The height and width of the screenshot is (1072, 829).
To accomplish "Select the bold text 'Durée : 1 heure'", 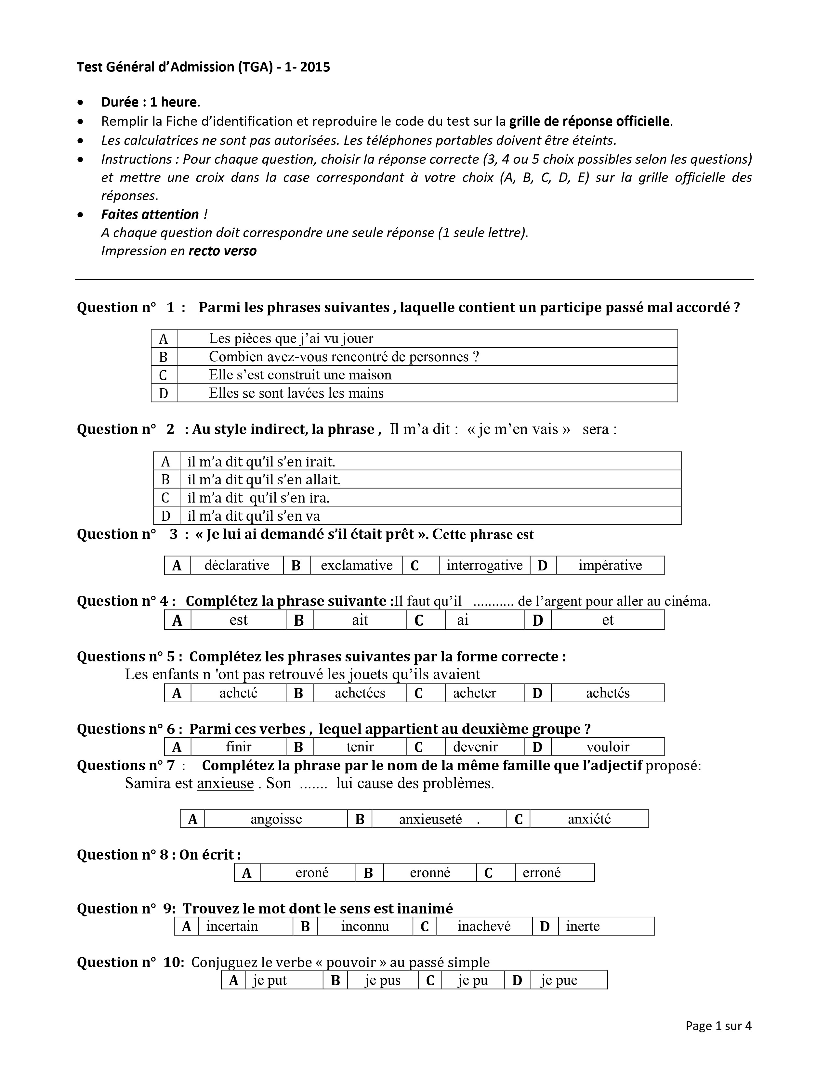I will pyautogui.click(x=149, y=102).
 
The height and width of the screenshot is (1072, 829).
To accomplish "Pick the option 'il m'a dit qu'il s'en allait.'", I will pyautogui.click(x=264, y=479).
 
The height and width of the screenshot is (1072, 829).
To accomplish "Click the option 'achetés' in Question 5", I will pyautogui.click(x=608, y=693).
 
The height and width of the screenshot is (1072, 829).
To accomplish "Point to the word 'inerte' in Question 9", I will pyautogui.click(x=583, y=926).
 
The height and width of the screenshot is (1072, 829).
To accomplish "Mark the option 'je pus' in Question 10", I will pyautogui.click(x=383, y=980).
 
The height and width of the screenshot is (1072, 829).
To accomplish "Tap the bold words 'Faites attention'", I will pyautogui.click(x=150, y=214).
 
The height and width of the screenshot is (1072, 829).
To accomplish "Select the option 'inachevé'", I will pyautogui.click(x=484, y=926).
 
